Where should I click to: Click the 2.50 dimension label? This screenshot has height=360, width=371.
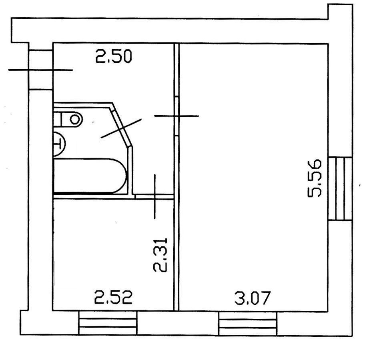tap(113, 57)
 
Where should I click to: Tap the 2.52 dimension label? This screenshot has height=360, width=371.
tap(113, 297)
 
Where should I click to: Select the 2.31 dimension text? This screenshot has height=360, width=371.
tap(160, 255)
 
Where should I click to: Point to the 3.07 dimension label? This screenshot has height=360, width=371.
tap(252, 298)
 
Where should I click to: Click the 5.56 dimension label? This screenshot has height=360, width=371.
tap(315, 178)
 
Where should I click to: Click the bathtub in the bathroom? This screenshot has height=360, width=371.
tap(90, 176)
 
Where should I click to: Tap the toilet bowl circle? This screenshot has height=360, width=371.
tap(75, 119)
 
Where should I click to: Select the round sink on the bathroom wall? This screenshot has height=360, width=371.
tap(59, 144)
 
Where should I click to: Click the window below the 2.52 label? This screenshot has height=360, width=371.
tap(108, 323)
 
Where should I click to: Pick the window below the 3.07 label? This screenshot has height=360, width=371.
tap(248, 323)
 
